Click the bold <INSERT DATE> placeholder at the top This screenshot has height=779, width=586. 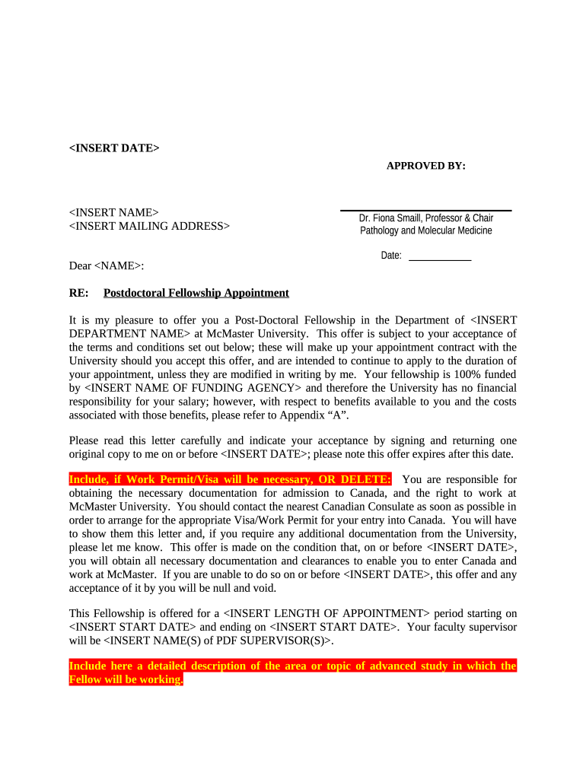tap(114, 148)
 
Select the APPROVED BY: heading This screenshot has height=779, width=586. tap(425, 166)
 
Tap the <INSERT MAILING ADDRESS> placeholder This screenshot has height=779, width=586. tap(149, 226)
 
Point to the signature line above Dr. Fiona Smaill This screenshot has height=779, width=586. tap(425, 210)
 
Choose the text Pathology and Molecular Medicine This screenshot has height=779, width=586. tap(425, 231)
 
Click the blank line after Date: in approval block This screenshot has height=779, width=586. tap(440, 260)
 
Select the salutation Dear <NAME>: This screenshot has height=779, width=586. tap(107, 265)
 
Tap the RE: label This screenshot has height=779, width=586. tap(78, 293)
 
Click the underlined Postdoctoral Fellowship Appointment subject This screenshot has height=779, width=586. tap(196, 293)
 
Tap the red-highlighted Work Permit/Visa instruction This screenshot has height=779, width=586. tap(230, 479)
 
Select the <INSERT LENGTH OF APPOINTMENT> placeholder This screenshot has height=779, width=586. tap(328, 613)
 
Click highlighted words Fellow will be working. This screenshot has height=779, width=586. tap(126, 680)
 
